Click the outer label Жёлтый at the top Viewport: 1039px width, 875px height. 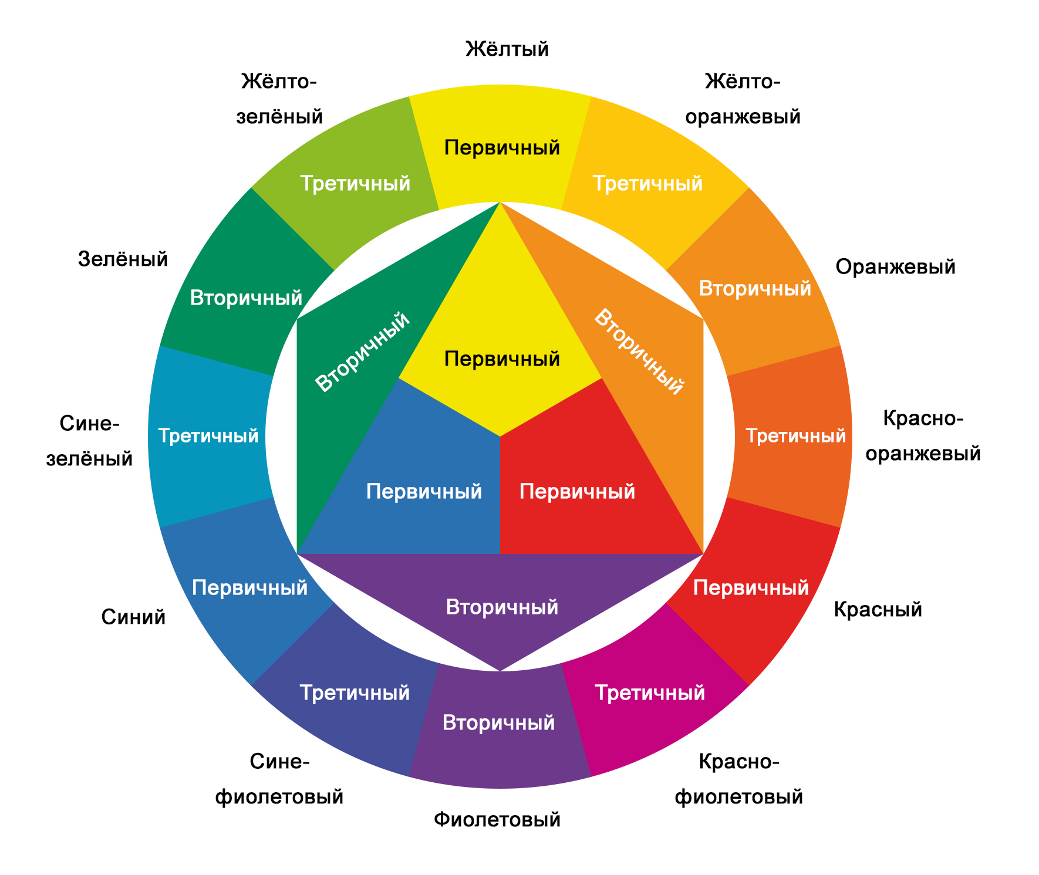click(x=507, y=49)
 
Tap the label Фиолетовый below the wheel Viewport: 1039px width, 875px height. click(x=497, y=819)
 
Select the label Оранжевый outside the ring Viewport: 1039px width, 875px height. click(x=895, y=267)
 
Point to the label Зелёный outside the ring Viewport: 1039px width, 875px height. click(x=123, y=259)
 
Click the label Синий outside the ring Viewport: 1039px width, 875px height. click(x=133, y=617)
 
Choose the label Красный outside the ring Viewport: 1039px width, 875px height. click(x=878, y=610)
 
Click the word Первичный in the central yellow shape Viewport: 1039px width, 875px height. click(x=502, y=359)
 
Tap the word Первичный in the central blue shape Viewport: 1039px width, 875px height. click(x=424, y=491)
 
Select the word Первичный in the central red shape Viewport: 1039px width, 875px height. click(x=577, y=491)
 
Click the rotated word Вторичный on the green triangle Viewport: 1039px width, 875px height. click(x=362, y=352)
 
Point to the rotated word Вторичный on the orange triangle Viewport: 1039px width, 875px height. click(x=639, y=352)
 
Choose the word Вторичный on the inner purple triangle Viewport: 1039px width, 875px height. click(x=502, y=607)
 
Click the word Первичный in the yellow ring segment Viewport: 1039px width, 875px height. click(x=502, y=147)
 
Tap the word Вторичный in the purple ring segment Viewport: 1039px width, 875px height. click(x=498, y=722)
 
